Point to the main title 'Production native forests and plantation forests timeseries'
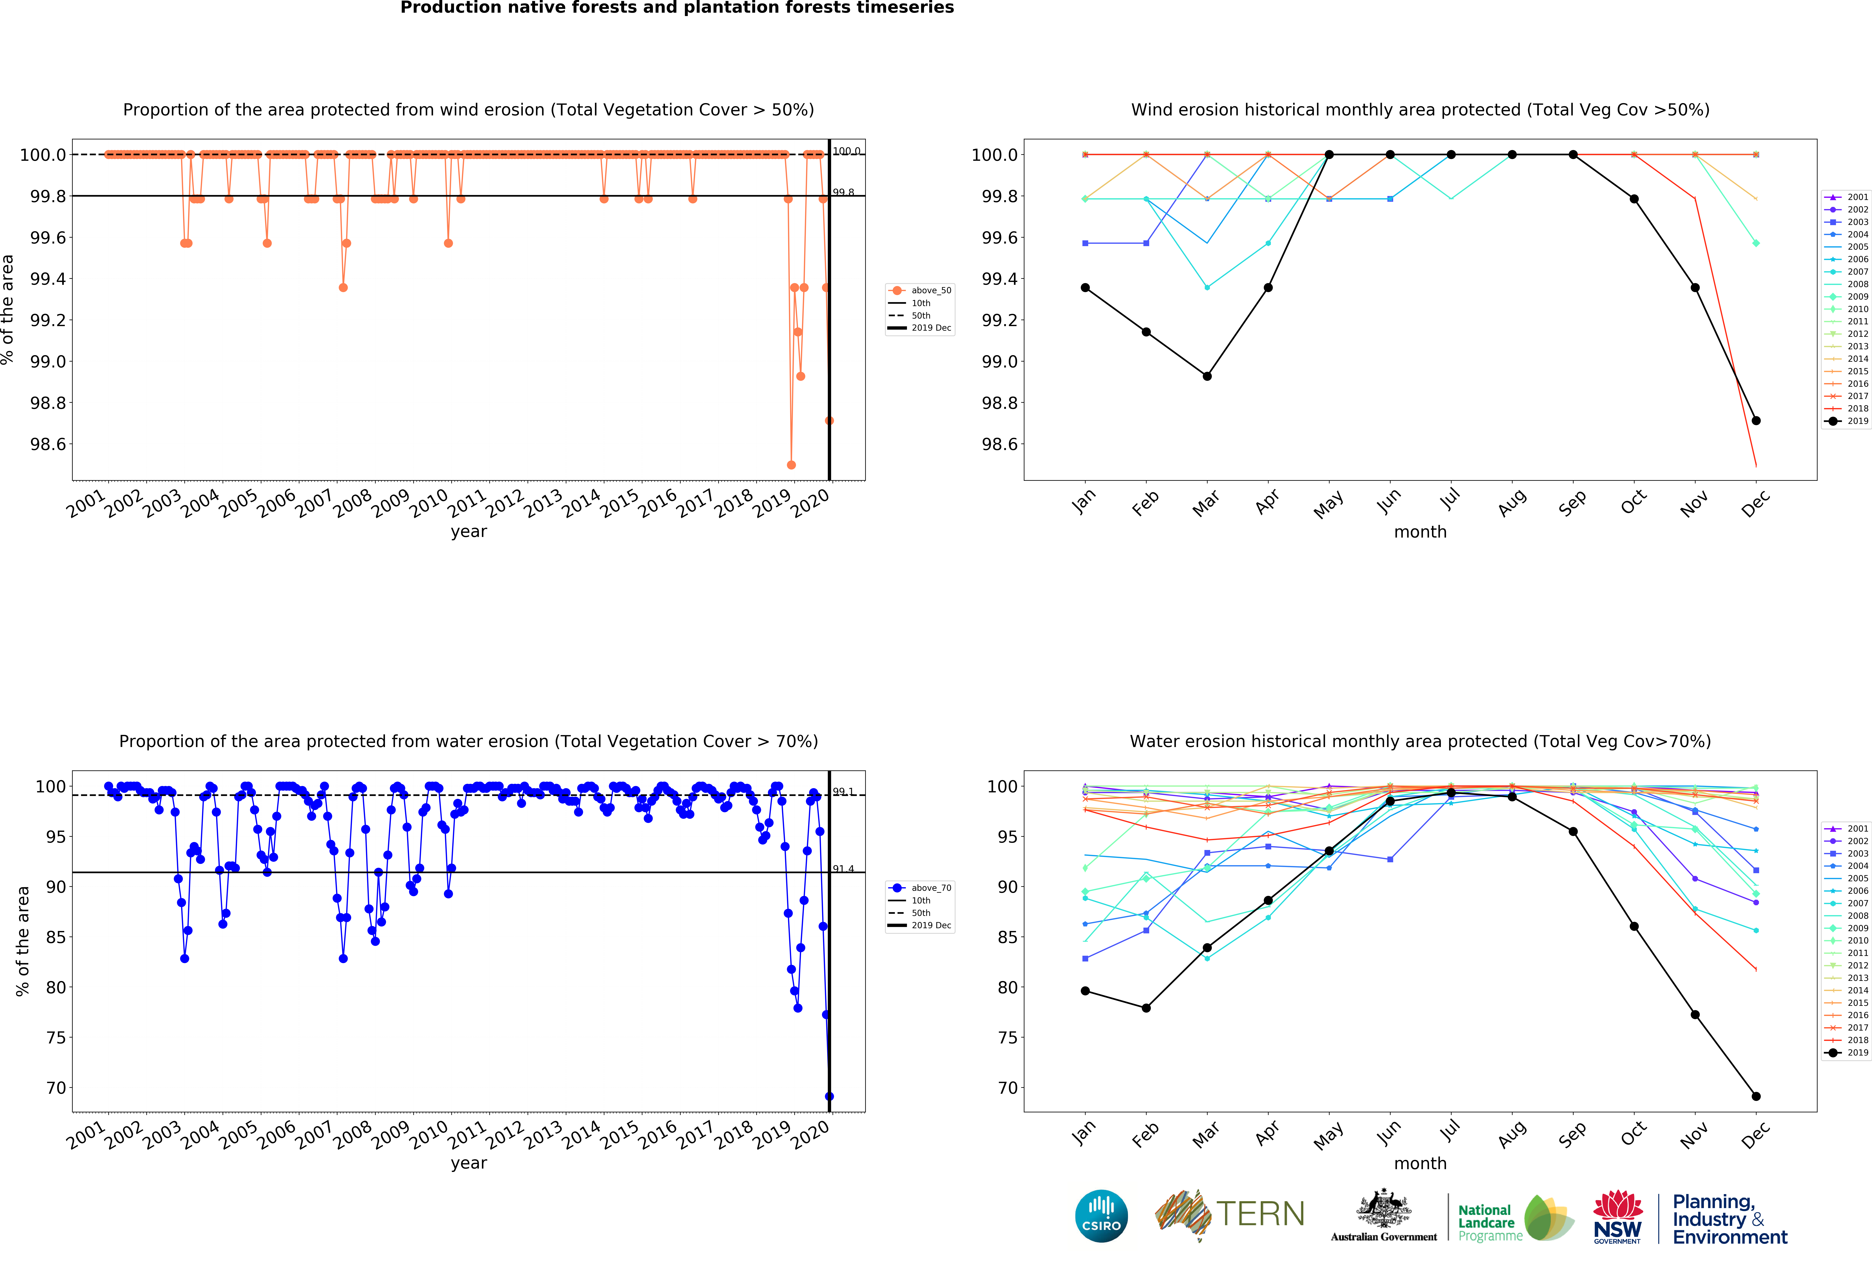(677, 8)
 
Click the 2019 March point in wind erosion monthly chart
(1207, 376)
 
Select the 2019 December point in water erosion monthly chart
(1756, 1096)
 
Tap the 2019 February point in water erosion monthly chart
(1146, 1008)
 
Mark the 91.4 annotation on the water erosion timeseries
(843, 869)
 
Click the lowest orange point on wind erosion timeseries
(791, 465)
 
